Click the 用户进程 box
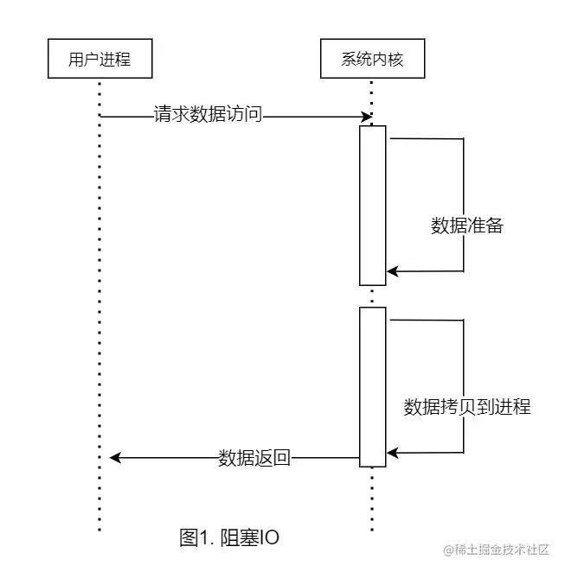tap(100, 60)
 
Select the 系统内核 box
tap(372, 60)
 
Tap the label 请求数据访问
tap(208, 115)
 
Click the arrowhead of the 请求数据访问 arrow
tap(367, 116)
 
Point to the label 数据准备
tap(467, 226)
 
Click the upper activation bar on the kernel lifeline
tap(372, 205)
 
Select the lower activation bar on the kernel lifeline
tap(372, 386)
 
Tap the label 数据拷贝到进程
tap(467, 407)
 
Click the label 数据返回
tap(254, 458)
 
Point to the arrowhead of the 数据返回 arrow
tap(116, 458)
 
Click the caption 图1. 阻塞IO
tap(229, 537)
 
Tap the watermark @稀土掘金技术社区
tap(497, 550)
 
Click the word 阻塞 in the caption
tap(240, 537)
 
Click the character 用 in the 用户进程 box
tap(77, 60)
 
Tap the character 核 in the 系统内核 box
tap(395, 60)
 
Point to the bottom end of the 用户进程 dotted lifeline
tap(100, 529)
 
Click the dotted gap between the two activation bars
tap(372, 296)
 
